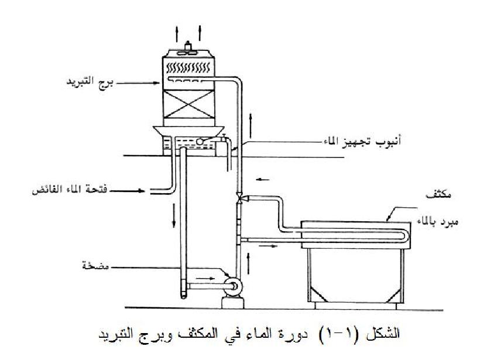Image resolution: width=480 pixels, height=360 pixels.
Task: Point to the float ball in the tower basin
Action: coord(200,141)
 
